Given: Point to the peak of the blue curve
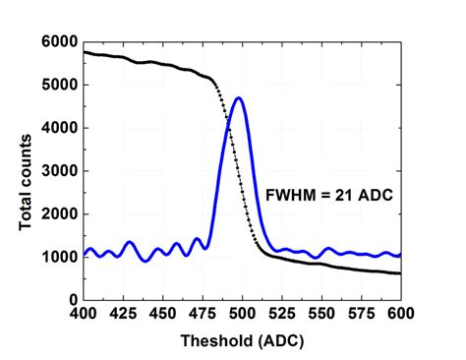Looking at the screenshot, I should click(x=238, y=98).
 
